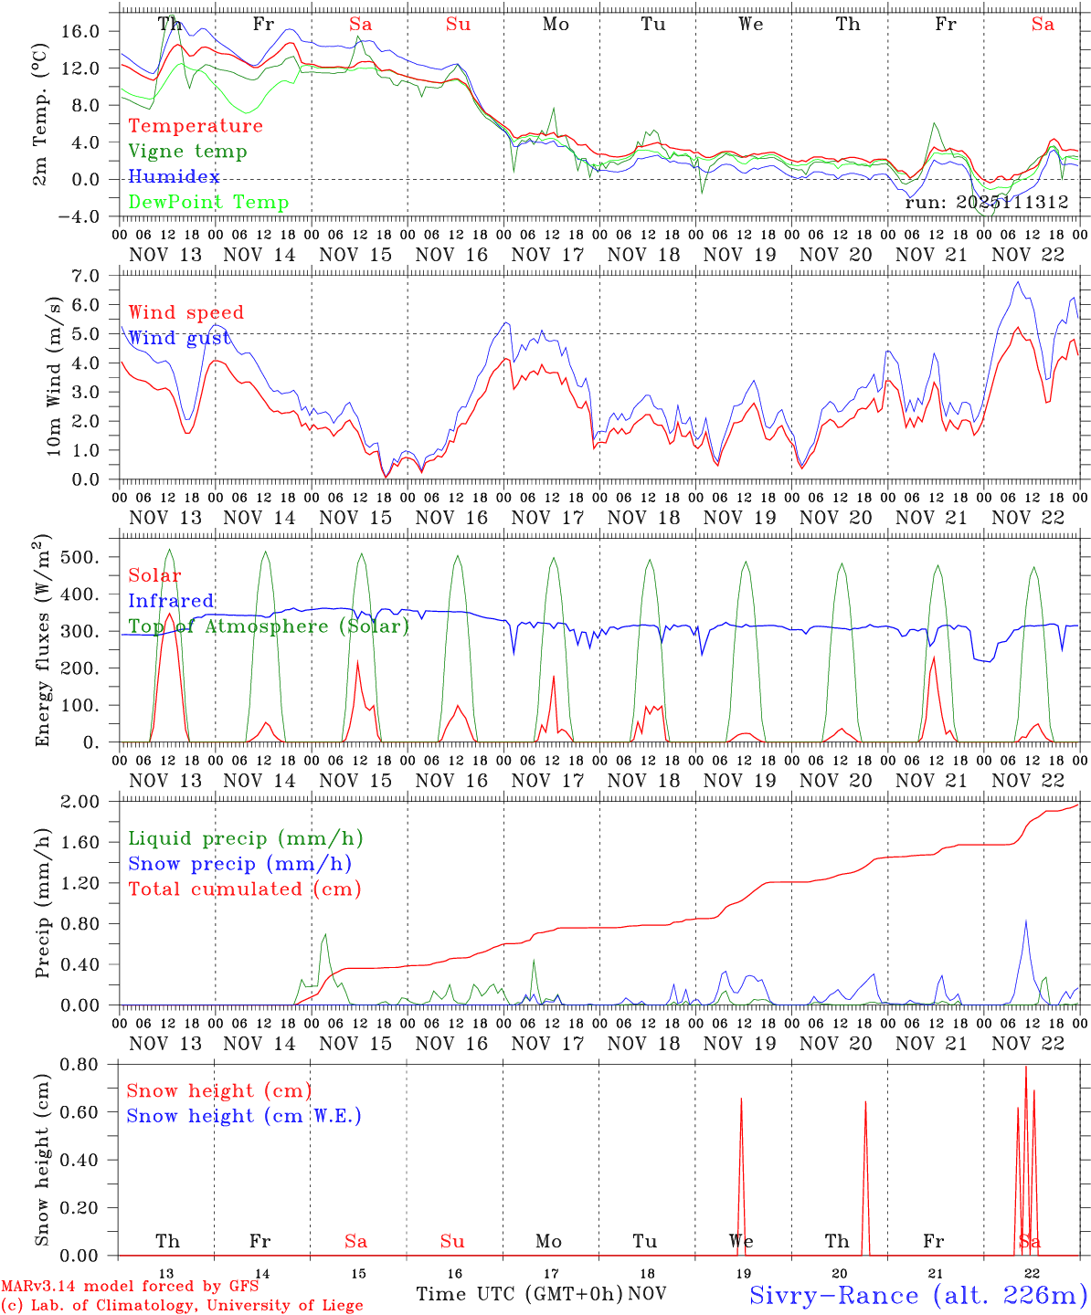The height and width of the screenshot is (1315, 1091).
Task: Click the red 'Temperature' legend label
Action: click(x=196, y=126)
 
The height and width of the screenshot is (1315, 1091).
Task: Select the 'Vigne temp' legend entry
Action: click(x=187, y=152)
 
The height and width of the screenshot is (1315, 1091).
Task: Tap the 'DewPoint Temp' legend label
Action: click(x=208, y=203)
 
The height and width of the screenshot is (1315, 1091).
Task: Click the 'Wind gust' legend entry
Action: click(x=179, y=338)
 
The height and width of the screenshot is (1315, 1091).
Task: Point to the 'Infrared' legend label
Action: click(x=171, y=601)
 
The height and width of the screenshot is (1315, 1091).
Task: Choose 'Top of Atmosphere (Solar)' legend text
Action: click(x=269, y=626)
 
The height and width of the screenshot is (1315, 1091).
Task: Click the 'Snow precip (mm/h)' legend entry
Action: click(x=239, y=864)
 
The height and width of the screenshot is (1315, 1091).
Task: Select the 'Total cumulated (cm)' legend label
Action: click(x=245, y=889)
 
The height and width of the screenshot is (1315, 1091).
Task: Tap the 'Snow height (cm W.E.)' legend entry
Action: click(x=244, y=1116)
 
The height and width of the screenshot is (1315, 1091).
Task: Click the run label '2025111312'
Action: click(x=987, y=203)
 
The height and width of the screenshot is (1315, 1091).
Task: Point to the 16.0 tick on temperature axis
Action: click(x=79, y=31)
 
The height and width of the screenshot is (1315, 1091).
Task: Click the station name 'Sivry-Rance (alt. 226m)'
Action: click(x=918, y=1295)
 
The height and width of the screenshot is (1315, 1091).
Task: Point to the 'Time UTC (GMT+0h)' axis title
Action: click(x=520, y=1294)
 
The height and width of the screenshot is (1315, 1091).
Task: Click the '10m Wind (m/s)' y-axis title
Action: click(x=55, y=373)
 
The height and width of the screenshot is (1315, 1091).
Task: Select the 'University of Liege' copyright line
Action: click(x=182, y=1306)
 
